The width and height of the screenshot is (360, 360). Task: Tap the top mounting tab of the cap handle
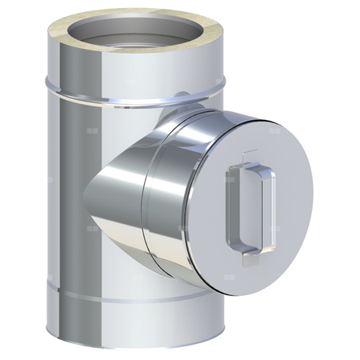250,156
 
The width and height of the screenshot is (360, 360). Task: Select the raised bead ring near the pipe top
96,87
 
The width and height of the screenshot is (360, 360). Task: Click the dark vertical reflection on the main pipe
60,200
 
